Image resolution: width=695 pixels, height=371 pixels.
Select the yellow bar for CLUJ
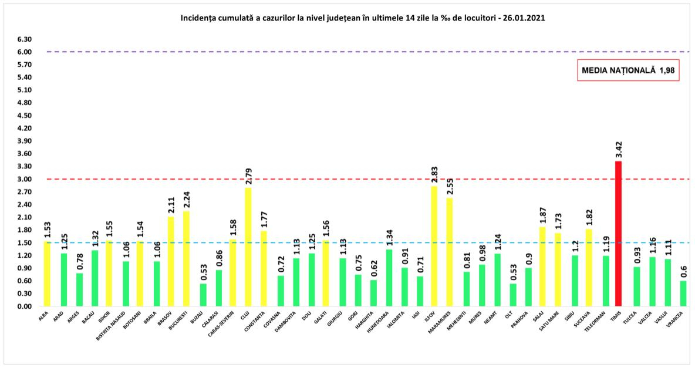click(248, 247)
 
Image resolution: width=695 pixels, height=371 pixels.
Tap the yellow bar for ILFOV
click(434, 246)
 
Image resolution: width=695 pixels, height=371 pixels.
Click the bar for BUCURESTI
click(187, 259)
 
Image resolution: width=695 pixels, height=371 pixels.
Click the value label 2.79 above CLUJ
click(248, 175)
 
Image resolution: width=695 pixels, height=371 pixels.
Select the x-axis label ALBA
click(44, 317)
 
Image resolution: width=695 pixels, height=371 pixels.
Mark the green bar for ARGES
click(79, 290)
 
